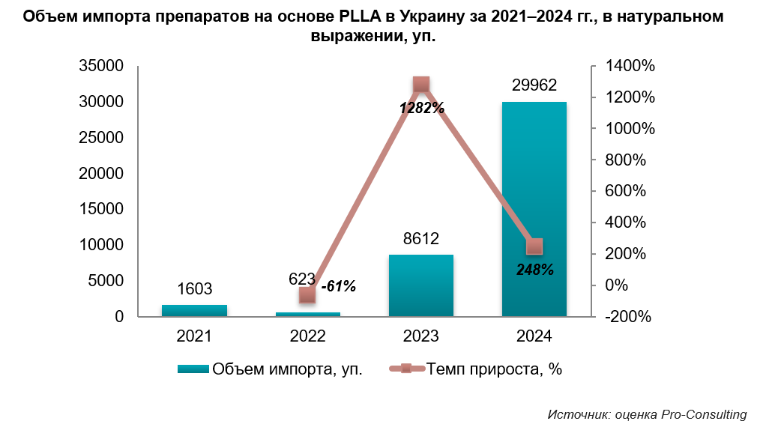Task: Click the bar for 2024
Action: (x=534, y=209)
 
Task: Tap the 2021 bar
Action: (x=194, y=310)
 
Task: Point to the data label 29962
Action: (x=534, y=85)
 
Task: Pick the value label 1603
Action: (x=194, y=289)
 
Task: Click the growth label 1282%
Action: (x=422, y=108)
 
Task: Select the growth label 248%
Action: (x=535, y=270)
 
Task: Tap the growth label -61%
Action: (x=338, y=286)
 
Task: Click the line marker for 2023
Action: (x=421, y=85)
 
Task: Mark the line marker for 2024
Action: (x=534, y=246)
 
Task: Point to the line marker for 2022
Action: (x=307, y=294)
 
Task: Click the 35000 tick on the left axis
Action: (x=101, y=66)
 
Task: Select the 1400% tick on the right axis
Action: (x=630, y=66)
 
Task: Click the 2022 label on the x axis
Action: (x=307, y=337)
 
